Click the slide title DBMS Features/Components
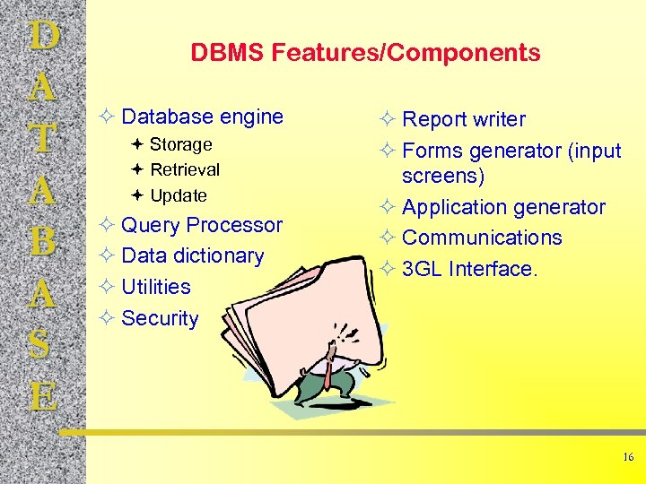(365, 53)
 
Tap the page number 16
(628, 457)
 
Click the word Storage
(180, 144)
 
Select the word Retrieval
(185, 169)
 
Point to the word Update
(179, 195)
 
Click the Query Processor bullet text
(201, 225)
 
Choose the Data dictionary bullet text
(192, 255)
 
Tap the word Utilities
(155, 287)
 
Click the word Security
(160, 318)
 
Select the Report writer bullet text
(464, 119)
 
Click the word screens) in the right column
(443, 176)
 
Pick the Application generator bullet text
(503, 207)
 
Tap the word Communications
(482, 238)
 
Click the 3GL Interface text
(469, 269)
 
